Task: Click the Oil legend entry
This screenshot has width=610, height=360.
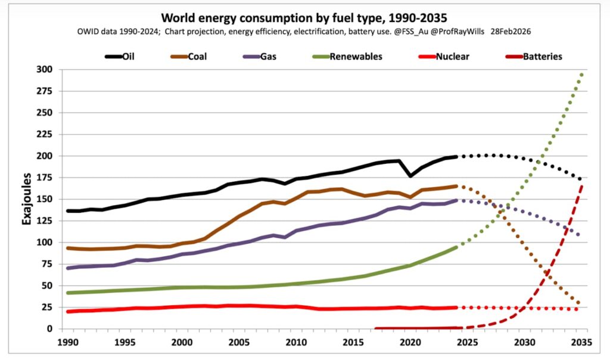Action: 120,57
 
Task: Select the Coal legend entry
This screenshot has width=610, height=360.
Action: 189,57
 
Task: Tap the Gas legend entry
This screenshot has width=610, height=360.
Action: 260,57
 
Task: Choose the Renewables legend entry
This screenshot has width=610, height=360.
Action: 348,57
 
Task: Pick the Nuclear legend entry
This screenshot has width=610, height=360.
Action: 444,57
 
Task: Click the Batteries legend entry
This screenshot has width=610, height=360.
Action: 534,57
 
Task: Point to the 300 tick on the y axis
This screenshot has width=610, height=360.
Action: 44,70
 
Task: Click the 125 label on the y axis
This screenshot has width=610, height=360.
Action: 44,221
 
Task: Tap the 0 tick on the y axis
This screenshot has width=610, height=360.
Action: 49,329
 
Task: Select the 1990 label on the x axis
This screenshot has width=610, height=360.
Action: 68,343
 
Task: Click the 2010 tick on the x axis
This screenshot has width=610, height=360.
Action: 297,343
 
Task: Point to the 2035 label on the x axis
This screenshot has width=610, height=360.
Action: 582,343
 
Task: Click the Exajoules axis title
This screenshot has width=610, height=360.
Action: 26,199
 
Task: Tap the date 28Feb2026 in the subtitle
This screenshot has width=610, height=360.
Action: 511,32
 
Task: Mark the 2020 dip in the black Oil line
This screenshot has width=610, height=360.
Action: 410,176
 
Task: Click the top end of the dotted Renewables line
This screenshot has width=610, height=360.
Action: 581,75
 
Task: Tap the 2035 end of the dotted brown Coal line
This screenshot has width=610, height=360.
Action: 578,302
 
